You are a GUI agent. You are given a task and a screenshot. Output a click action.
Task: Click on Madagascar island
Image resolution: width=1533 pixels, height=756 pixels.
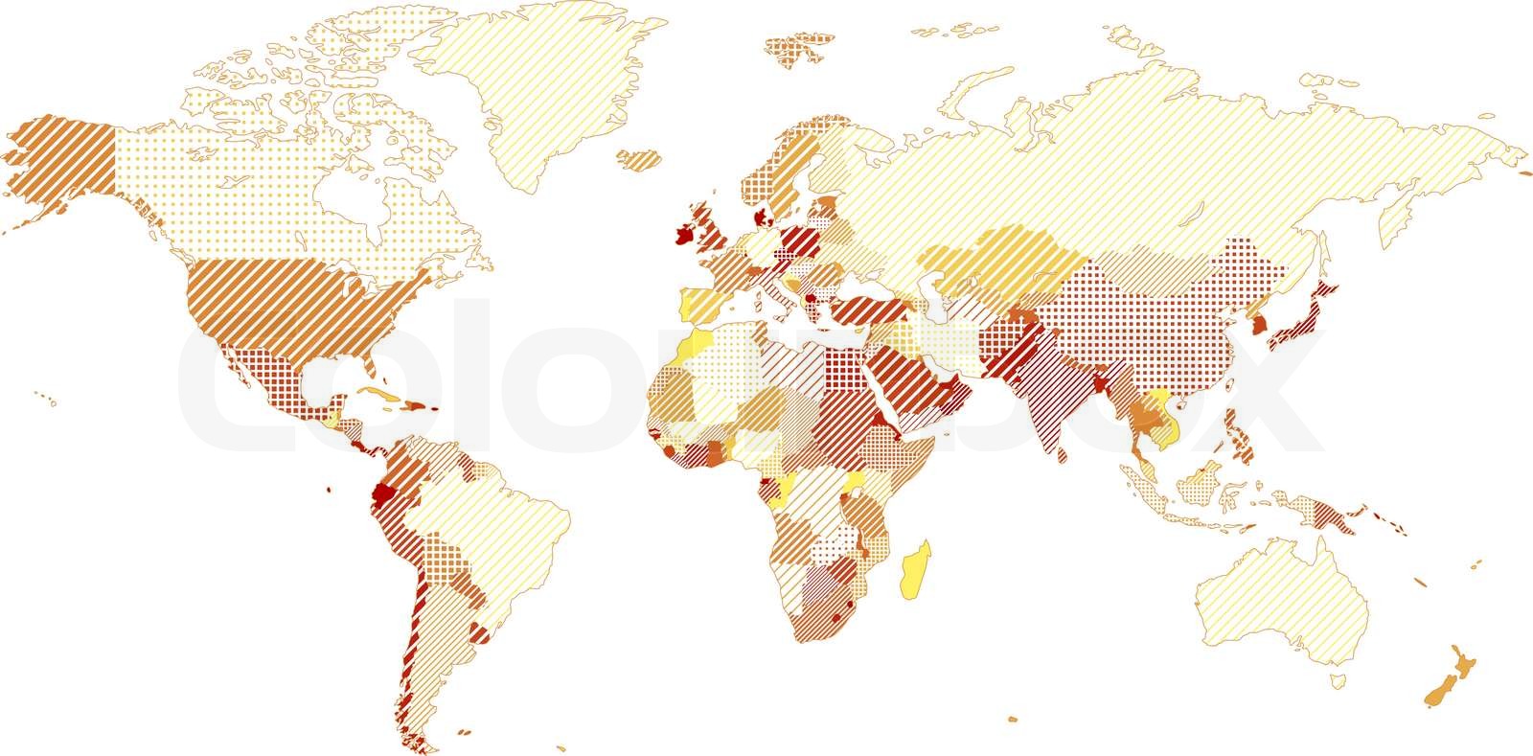tap(916, 572)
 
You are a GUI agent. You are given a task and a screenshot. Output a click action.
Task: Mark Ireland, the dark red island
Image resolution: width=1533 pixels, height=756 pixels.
tap(684, 235)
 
